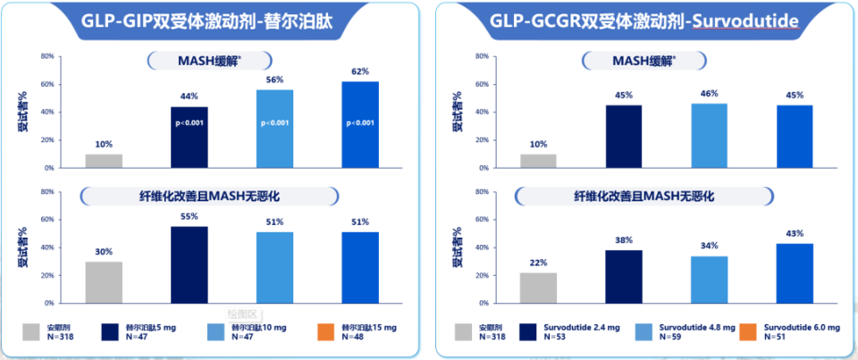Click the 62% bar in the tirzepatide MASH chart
(x=360, y=124)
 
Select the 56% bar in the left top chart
(x=274, y=129)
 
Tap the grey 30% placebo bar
(x=104, y=282)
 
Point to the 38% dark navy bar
(x=623, y=276)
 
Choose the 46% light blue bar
(x=709, y=135)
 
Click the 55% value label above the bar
(x=189, y=217)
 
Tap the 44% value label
(x=189, y=96)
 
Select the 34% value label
(x=709, y=247)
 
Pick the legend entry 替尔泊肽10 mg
(x=260, y=328)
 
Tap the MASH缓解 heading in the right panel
(x=643, y=60)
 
